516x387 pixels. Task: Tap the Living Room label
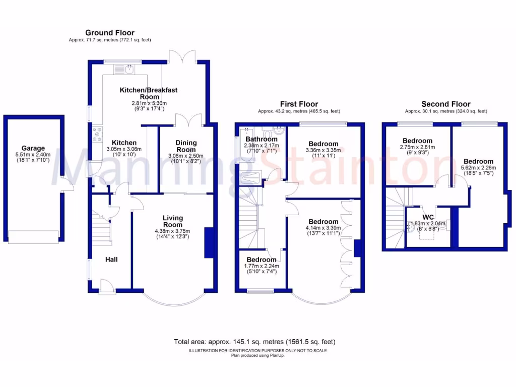click(x=173, y=221)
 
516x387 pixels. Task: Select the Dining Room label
click(x=186, y=146)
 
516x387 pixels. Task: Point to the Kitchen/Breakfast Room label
click(x=149, y=93)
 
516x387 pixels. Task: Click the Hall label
click(x=111, y=260)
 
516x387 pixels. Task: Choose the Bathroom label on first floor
click(x=261, y=139)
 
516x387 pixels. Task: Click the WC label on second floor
click(x=427, y=217)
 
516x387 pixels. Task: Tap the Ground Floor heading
click(x=110, y=33)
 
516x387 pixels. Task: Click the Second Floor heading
click(x=446, y=104)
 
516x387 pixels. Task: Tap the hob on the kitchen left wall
click(x=96, y=135)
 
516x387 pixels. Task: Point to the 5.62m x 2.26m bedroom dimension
click(x=479, y=168)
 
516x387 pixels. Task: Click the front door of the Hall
click(x=107, y=288)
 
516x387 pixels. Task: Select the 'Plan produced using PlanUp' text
click(x=257, y=355)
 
